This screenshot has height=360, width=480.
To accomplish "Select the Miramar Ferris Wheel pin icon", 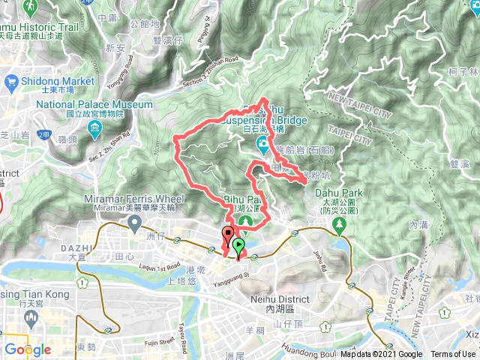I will tap(135, 222).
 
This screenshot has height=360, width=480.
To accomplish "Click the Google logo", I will tap(27, 349).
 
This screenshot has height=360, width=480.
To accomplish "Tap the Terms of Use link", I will tap(453, 355).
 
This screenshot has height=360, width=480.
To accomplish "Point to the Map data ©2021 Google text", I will tap(381, 355).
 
